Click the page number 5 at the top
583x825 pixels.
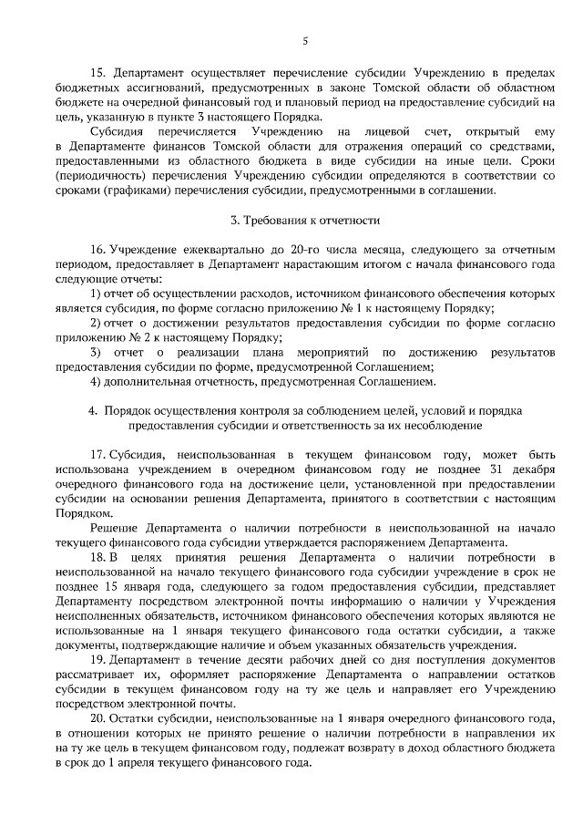(305, 39)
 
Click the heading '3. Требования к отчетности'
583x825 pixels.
(305, 221)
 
